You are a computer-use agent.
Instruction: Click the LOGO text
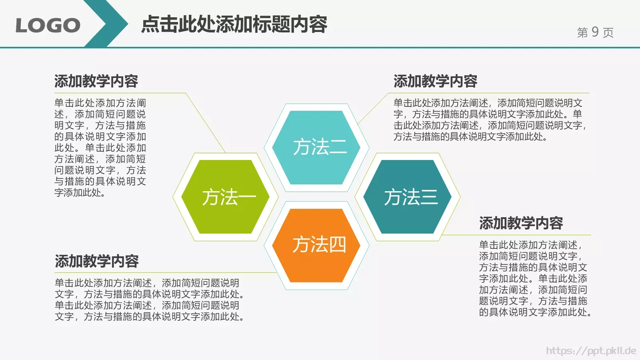48,26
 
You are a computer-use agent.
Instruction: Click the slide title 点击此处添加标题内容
234,24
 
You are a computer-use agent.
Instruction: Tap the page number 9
595,32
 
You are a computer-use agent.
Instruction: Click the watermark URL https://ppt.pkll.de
591,351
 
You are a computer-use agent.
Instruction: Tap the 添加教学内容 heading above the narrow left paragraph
96,81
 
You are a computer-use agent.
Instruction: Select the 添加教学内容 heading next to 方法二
435,81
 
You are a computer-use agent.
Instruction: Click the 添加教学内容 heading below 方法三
521,223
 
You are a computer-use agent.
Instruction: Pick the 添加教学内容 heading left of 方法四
97,261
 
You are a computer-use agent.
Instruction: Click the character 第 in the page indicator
582,32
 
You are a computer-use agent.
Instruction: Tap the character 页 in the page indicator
608,32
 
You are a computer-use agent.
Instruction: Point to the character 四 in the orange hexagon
337,244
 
